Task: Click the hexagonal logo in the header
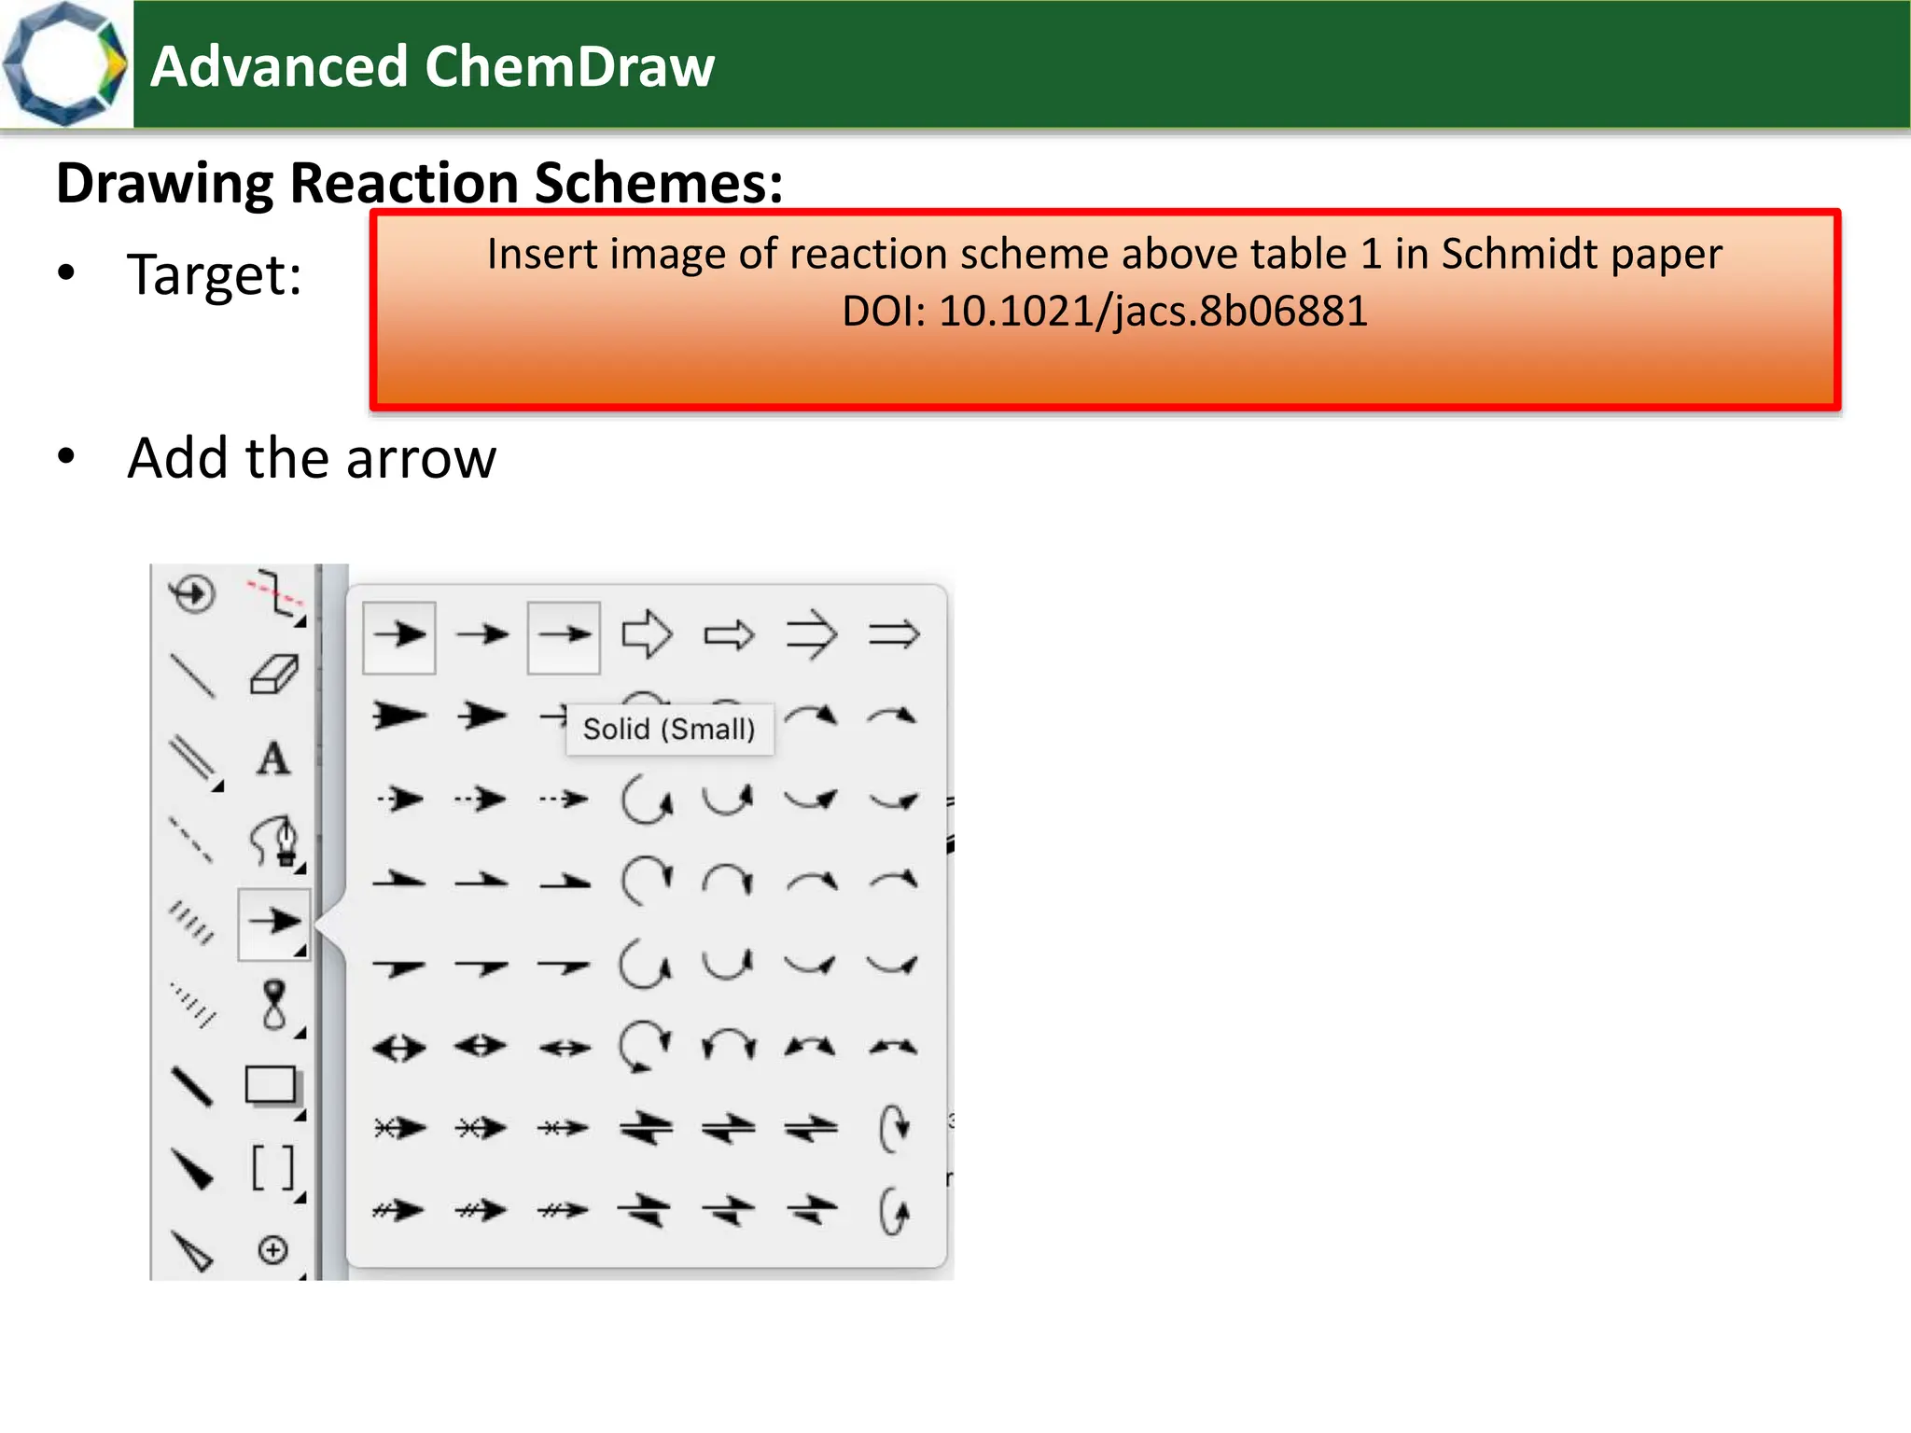pos(63,64)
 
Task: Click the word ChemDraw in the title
pos(569,67)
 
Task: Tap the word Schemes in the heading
pos(658,183)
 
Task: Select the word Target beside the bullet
pos(214,276)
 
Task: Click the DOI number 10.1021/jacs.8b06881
pos(1152,312)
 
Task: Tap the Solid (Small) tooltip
pos(669,729)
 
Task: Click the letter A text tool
pos(272,758)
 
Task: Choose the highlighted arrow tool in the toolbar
pos(273,923)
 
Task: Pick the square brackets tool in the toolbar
pos(272,1168)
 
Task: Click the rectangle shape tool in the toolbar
pos(271,1086)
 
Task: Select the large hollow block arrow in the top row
pos(647,635)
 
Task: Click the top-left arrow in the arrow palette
pos(399,635)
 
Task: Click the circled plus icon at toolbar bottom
pos(272,1250)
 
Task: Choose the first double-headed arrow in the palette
pos(399,1048)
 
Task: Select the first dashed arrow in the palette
pos(399,800)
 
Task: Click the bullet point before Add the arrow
pos(66,457)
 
